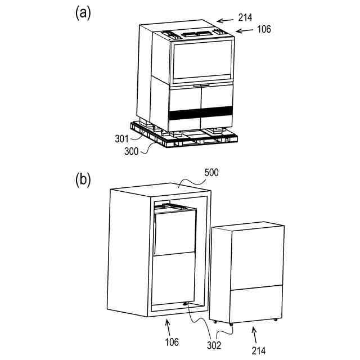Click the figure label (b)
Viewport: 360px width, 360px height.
point(83,180)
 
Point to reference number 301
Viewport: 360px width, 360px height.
point(122,139)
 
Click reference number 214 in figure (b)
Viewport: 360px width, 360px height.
point(259,350)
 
